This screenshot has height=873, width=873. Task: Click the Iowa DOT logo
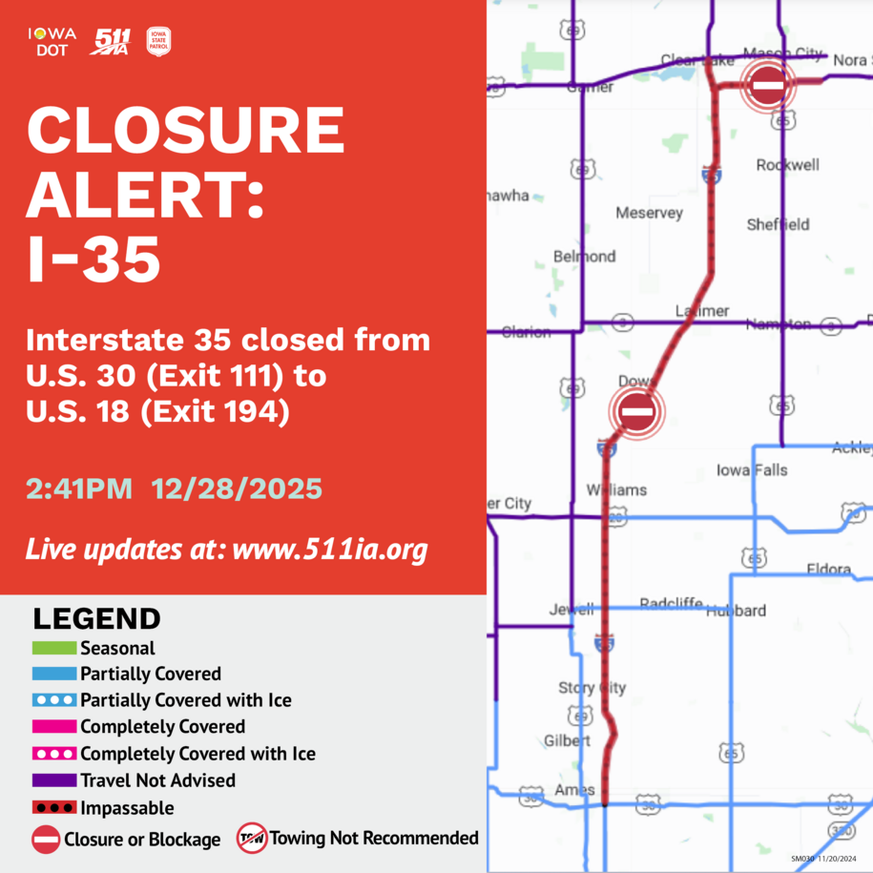[x=52, y=41]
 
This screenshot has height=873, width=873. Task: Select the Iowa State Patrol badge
[x=158, y=41]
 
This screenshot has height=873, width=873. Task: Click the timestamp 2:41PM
[x=79, y=489]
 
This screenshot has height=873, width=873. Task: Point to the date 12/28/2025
[x=237, y=489]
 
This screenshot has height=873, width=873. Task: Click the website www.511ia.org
[x=329, y=550]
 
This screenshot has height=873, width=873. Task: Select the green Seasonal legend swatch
[x=53, y=648]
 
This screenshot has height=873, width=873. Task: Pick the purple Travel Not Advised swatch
[x=53, y=780]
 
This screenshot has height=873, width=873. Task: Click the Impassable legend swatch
[x=53, y=808]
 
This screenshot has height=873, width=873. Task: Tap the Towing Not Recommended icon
[x=252, y=838]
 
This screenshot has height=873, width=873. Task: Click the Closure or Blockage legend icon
[x=46, y=840]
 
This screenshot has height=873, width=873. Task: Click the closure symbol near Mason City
[x=768, y=86]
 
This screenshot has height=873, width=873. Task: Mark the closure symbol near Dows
[x=636, y=412]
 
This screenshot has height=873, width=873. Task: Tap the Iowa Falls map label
[x=752, y=470]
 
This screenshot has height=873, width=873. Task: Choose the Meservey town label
[x=649, y=213]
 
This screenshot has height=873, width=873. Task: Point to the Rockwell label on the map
[x=787, y=165]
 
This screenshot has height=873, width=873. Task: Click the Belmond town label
[x=584, y=257]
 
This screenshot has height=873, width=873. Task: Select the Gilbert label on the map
[x=567, y=740]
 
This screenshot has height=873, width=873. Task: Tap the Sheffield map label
[x=778, y=224]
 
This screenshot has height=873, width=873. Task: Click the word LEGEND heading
[x=96, y=618]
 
